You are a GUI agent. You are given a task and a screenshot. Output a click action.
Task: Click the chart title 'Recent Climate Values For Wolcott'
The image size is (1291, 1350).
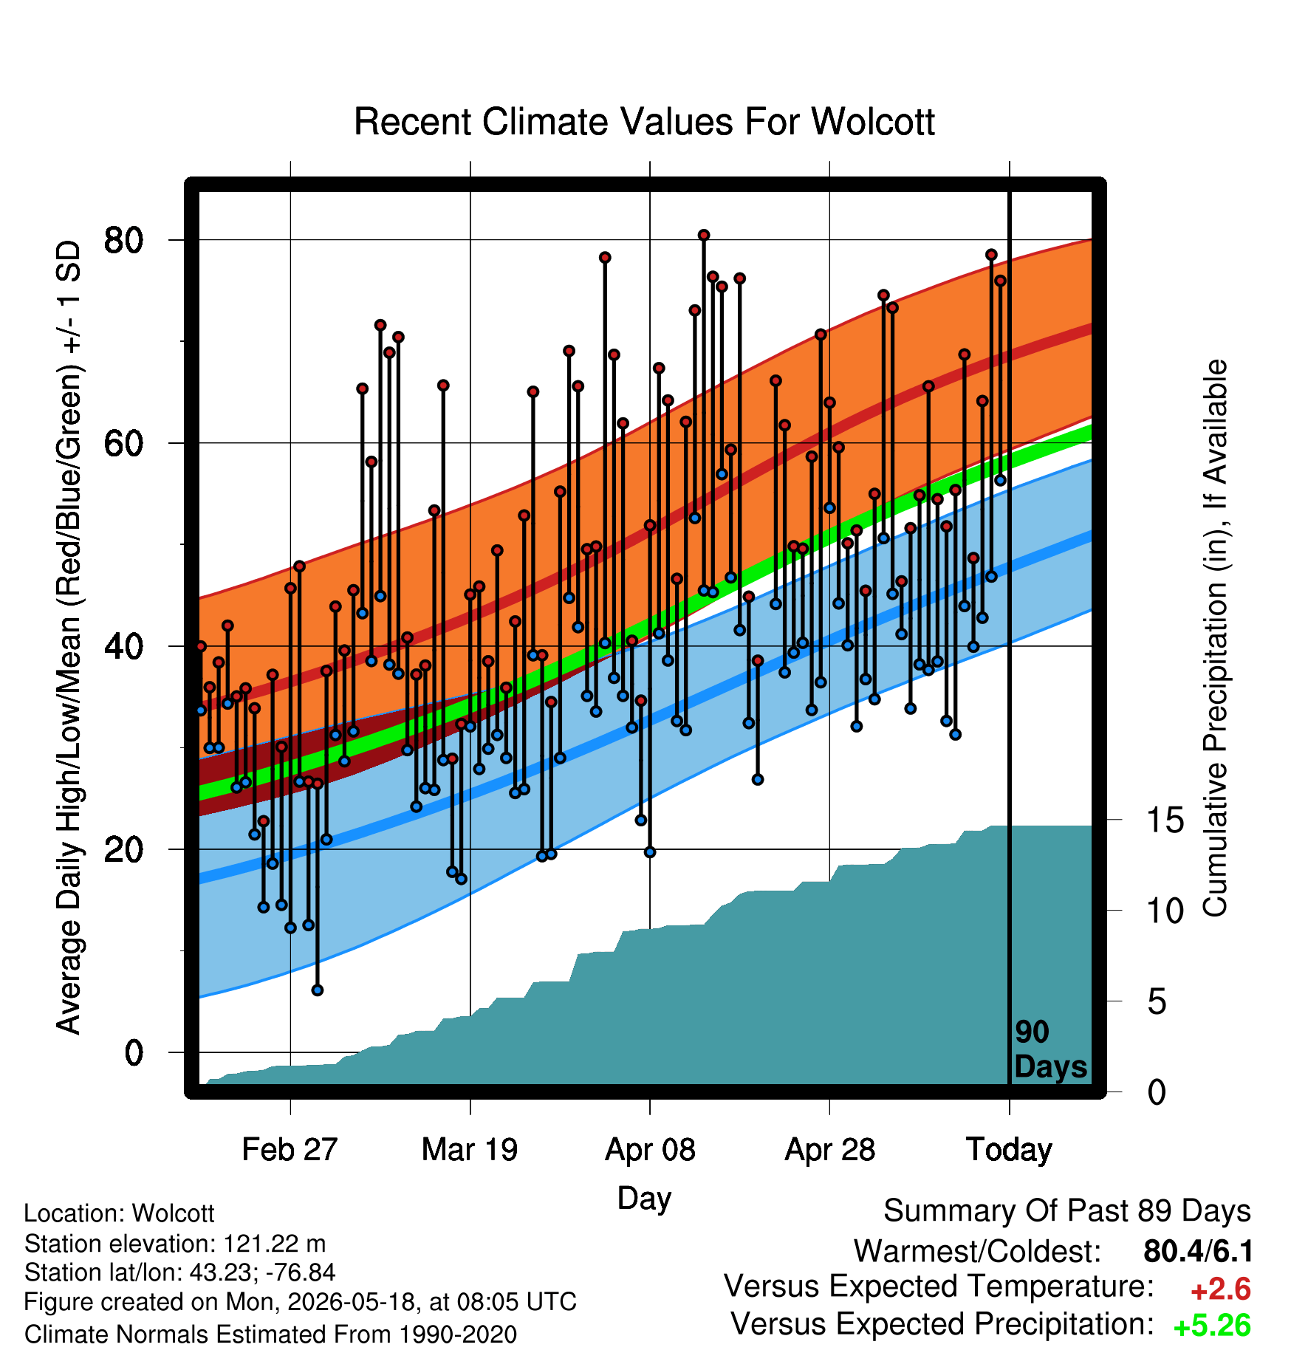click(644, 122)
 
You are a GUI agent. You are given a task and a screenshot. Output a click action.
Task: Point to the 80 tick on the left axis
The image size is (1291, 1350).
click(123, 240)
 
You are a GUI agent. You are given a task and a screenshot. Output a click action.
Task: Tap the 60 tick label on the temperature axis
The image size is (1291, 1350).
click(123, 443)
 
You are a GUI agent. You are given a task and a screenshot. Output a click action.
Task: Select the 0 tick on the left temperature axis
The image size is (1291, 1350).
click(134, 1052)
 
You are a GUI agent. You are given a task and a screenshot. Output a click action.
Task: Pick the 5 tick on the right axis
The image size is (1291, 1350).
click(1157, 1002)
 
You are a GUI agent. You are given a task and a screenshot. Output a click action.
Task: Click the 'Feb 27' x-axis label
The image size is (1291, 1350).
click(290, 1150)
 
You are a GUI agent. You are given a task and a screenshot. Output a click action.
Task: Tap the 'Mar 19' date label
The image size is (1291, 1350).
click(470, 1150)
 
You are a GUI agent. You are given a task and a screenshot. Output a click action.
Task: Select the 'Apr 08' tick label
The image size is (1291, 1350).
click(650, 1150)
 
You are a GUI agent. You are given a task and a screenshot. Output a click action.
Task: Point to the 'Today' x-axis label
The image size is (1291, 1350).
click(1009, 1150)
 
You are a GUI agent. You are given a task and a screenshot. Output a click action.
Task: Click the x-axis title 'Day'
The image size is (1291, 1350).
click(644, 1198)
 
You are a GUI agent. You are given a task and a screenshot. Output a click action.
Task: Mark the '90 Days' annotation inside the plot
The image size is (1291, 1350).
click(1050, 1049)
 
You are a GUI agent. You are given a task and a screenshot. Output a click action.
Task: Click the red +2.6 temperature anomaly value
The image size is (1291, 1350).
click(1220, 1289)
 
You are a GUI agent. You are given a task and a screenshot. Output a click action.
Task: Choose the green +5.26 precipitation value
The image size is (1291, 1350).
click(1212, 1326)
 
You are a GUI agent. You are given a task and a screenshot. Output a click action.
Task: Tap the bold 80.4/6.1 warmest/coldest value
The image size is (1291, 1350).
click(1198, 1251)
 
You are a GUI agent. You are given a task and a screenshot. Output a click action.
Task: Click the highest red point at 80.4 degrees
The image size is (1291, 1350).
click(704, 235)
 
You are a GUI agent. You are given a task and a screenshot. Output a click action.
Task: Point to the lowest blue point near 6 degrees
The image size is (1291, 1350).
click(318, 990)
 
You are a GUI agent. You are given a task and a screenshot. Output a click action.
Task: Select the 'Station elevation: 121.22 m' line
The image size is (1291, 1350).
click(175, 1244)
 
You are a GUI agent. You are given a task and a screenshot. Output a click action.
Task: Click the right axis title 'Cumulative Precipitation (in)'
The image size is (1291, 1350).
click(1215, 639)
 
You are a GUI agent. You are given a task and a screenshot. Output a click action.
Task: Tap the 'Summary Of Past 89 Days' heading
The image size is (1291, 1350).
click(1067, 1211)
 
